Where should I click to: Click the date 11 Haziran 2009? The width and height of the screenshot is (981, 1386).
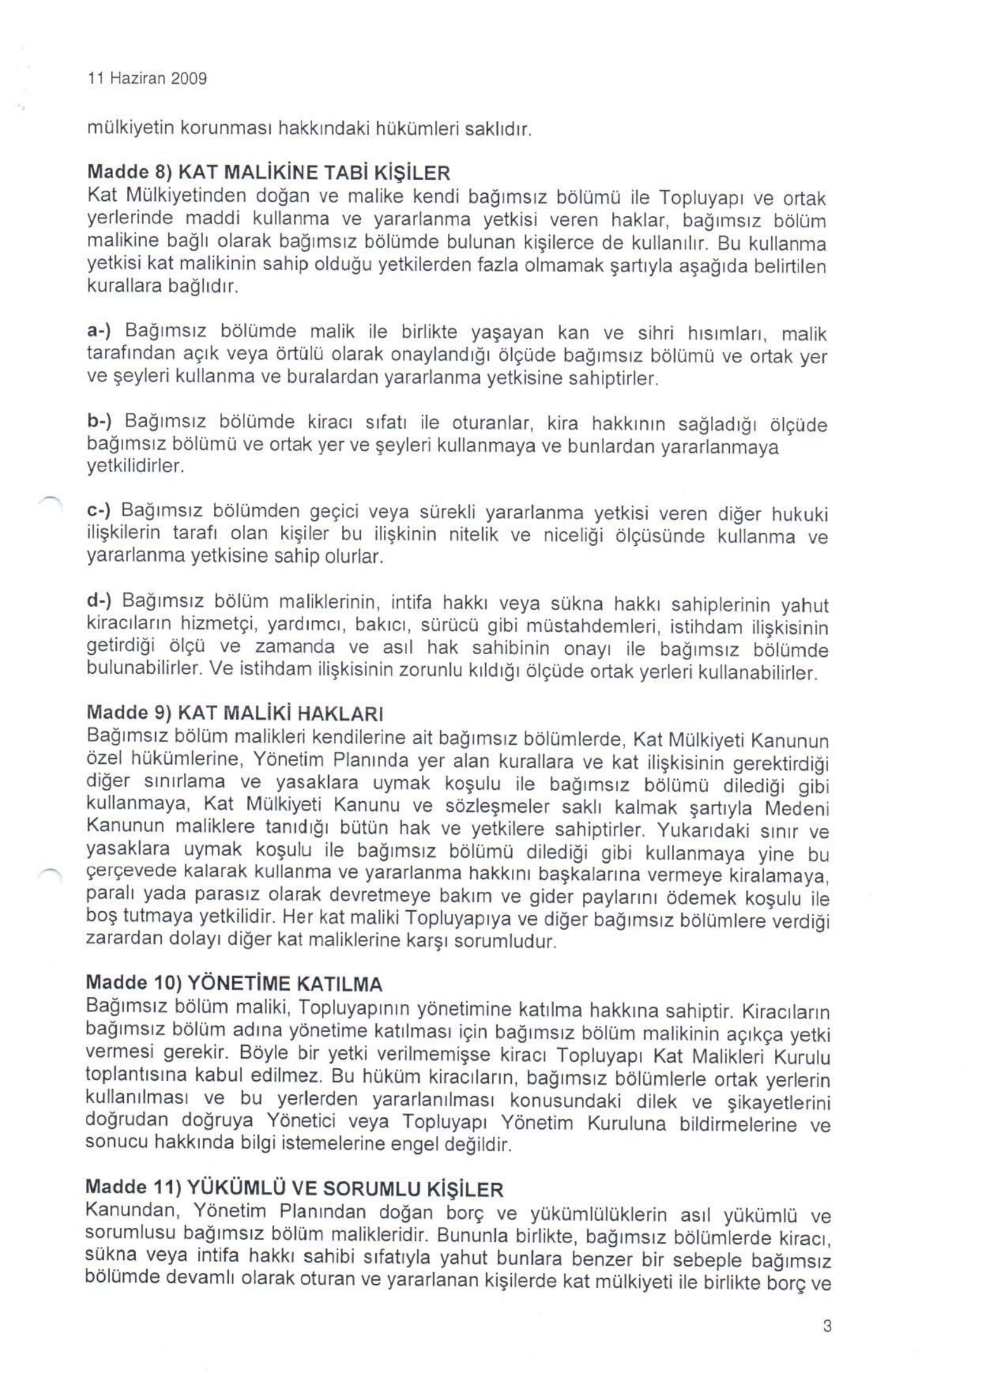tap(147, 79)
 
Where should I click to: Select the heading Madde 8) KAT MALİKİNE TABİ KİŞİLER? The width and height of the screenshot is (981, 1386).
tap(269, 174)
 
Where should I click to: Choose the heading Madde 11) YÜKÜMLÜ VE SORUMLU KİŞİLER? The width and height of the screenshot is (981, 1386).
tap(295, 1189)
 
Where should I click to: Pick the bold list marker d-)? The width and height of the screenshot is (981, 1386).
tap(101, 600)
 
